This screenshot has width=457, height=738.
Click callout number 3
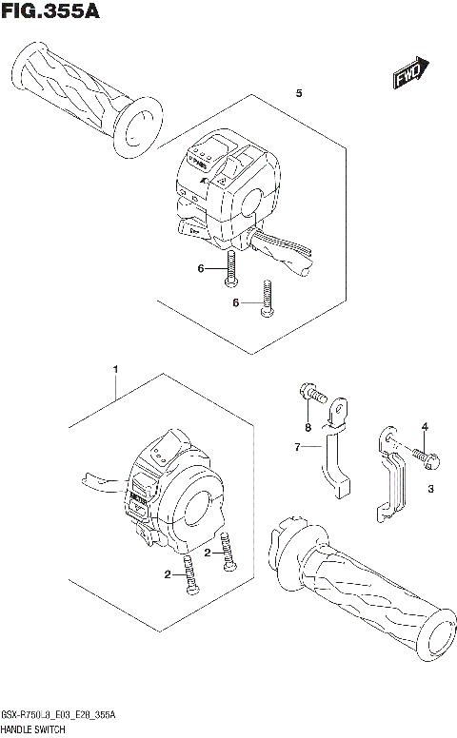[430, 490]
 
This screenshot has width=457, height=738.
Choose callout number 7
[298, 445]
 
